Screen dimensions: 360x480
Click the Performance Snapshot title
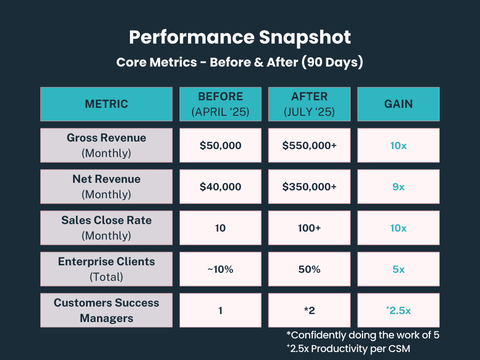(x=240, y=37)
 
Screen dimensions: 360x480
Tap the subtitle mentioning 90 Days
(x=240, y=62)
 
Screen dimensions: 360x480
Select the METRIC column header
(x=106, y=104)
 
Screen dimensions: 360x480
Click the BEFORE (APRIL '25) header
(x=220, y=104)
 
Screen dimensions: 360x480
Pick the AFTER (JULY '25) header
(x=309, y=104)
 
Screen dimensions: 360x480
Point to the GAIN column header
(x=398, y=104)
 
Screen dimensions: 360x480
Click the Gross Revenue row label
(x=106, y=145)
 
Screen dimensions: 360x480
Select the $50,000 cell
(x=220, y=145)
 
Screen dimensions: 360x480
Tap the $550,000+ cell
(x=309, y=145)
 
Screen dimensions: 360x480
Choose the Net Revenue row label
(x=106, y=187)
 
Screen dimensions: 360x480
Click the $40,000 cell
(x=220, y=187)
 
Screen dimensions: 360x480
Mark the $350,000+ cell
(x=309, y=187)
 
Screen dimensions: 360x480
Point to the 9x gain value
(x=398, y=187)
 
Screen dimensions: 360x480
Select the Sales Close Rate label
(x=106, y=228)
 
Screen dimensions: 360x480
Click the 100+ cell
(x=309, y=228)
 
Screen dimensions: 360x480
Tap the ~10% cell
(x=220, y=269)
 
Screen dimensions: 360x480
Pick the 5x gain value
(x=398, y=269)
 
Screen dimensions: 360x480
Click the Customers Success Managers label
(x=106, y=310)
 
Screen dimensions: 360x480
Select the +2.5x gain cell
(x=398, y=310)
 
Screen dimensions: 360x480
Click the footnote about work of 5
(x=362, y=335)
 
